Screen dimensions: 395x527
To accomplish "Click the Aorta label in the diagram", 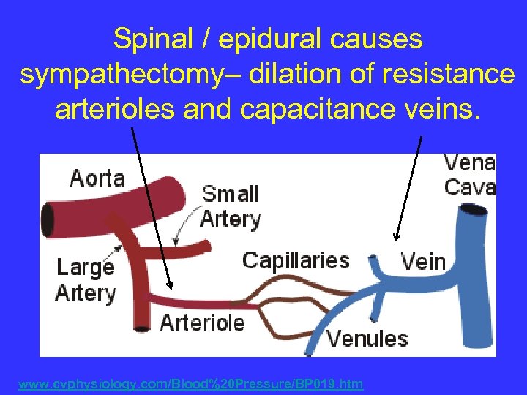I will pyautogui.click(x=97, y=178).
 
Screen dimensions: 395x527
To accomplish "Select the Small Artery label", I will pyautogui.click(x=230, y=206).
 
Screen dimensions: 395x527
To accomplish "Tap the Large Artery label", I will pyautogui.click(x=86, y=280).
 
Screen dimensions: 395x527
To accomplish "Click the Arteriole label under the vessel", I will pyautogui.click(x=202, y=323).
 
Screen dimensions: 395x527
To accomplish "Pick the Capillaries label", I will pyautogui.click(x=295, y=260).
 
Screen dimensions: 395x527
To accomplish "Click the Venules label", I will pyautogui.click(x=367, y=339).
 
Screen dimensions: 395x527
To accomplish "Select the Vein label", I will pyautogui.click(x=422, y=261).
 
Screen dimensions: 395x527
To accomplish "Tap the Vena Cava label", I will pyautogui.click(x=469, y=174).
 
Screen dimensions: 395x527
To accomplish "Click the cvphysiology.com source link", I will pyautogui.click(x=190, y=384).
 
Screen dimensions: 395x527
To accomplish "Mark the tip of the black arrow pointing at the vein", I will pyautogui.click(x=396, y=239).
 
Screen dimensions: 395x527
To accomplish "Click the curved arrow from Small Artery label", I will pyautogui.click(x=187, y=223).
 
